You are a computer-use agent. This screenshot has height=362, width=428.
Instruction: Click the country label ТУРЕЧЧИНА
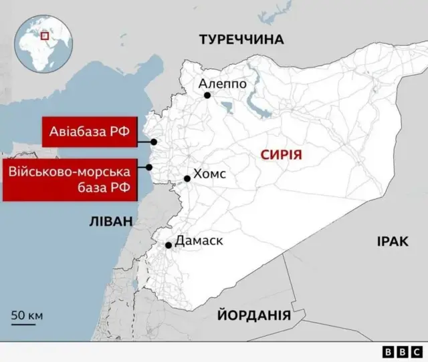pos(241,40)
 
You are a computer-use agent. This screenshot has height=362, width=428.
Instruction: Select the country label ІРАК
pos(391,242)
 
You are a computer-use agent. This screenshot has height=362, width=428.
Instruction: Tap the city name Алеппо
pos(223,84)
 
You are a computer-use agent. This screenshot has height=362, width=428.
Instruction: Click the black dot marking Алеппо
pos(207,96)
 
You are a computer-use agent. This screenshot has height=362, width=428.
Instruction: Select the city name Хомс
pos(209,174)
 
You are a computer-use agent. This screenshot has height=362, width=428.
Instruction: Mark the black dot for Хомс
pos(187,178)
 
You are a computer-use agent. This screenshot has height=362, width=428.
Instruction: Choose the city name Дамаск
pos(199,241)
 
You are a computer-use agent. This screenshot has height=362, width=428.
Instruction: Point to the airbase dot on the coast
pos(154,142)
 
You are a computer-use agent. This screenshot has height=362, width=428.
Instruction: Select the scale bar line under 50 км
pos(23,325)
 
